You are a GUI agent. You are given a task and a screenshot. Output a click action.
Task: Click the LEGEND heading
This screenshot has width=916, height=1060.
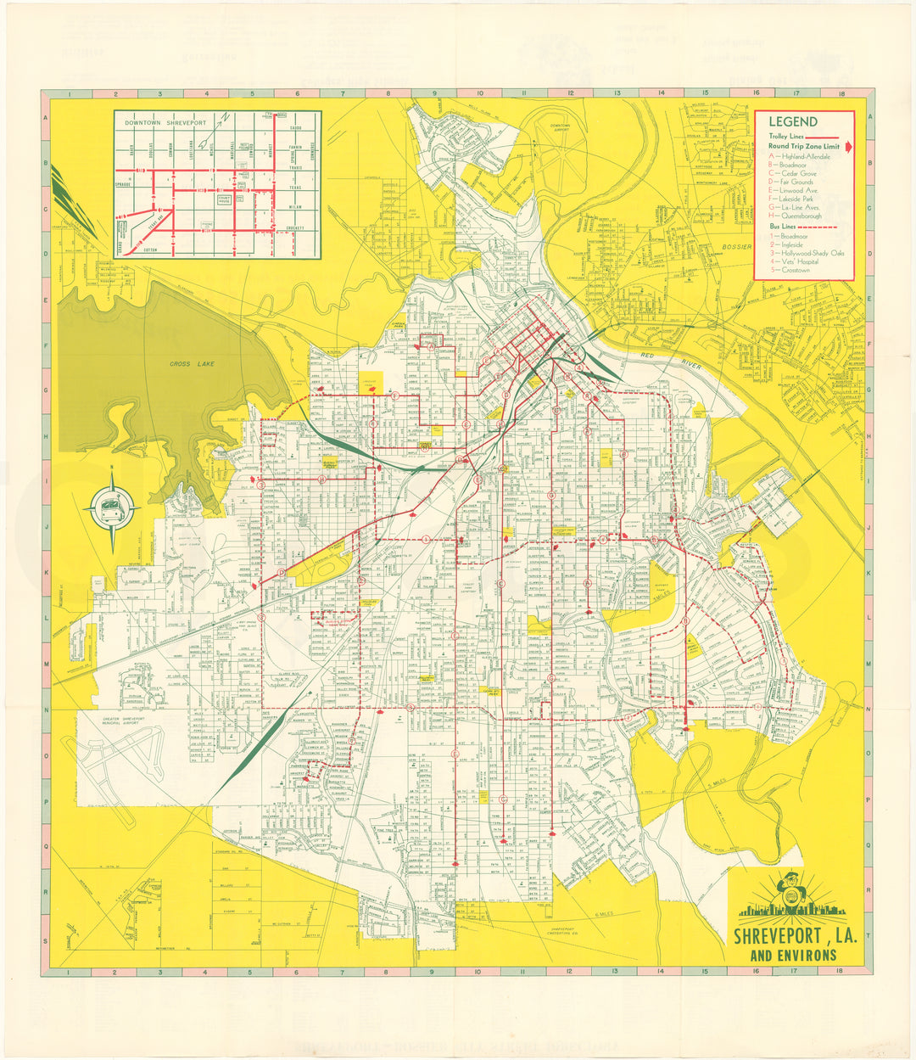793,122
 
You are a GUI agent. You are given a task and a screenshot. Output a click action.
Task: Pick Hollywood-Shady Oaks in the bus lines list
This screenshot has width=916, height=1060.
811,253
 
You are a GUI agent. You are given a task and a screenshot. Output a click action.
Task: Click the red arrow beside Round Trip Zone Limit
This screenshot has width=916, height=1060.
848,146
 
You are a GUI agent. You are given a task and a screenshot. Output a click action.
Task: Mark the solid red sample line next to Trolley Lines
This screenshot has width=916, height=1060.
821,136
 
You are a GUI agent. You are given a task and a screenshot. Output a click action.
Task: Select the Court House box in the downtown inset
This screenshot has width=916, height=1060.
224,200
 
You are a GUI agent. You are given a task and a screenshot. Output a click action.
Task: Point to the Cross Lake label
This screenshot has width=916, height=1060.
180,364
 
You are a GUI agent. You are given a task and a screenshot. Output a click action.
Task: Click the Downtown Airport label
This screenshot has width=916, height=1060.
561,128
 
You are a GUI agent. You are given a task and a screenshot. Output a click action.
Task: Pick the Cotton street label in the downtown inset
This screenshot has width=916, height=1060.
150,250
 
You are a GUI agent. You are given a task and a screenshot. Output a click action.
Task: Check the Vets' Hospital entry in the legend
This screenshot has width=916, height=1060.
797,262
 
